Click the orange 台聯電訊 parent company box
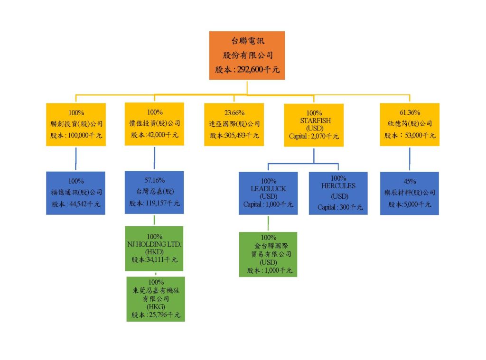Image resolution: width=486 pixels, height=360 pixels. [247, 55]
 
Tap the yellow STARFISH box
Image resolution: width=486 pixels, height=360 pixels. [314, 125]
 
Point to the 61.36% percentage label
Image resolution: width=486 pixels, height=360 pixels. [410, 113]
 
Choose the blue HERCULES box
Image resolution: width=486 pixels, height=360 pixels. [338, 193]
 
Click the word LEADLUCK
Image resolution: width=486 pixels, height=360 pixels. [268, 188]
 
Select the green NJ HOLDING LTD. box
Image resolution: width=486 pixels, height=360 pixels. [154, 248]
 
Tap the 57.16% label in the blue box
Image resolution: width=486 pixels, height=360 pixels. [154, 180]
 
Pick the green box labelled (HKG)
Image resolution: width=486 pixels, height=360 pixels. [155, 299]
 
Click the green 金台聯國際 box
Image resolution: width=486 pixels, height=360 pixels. [268, 254]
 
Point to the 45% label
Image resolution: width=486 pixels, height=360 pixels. [410, 181]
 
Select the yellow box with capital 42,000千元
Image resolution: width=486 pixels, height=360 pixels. [155, 124]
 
